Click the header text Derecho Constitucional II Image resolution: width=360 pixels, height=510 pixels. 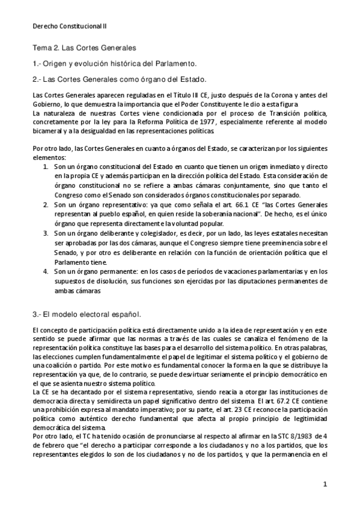[x=69, y=26]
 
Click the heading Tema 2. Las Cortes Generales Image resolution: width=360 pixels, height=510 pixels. [x=84, y=46]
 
